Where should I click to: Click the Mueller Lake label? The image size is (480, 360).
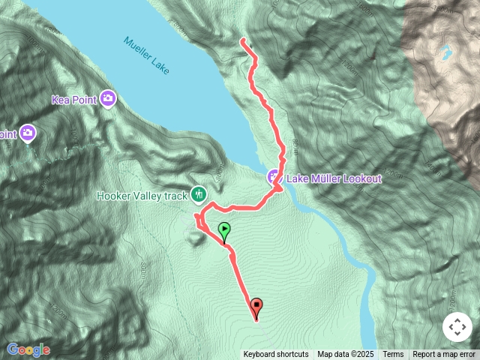[x=147, y=55]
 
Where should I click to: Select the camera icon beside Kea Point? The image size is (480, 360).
[x=108, y=98]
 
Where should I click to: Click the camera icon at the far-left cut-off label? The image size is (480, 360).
[x=28, y=133]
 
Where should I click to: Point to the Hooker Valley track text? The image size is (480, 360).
[x=142, y=196]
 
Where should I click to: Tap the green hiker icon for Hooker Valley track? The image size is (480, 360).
[x=199, y=195]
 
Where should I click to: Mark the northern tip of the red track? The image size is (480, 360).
[x=242, y=40]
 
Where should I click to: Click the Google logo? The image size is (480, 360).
[x=28, y=349]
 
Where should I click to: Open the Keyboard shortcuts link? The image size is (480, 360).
[x=275, y=355]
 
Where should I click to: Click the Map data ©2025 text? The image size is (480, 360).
[x=345, y=355]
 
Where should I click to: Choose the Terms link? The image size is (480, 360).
[x=393, y=355]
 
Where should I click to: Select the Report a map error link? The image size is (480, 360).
[x=445, y=355]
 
